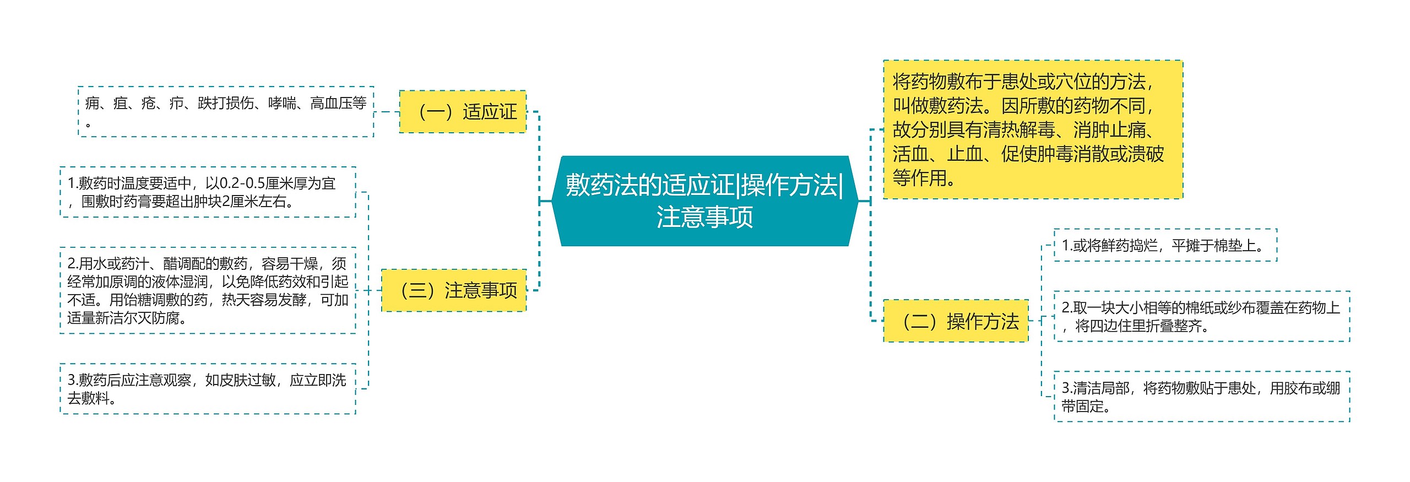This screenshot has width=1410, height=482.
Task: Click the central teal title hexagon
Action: click(704, 201)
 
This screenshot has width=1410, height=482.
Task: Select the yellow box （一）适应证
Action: click(463, 112)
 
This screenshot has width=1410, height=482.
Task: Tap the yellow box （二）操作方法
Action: click(956, 321)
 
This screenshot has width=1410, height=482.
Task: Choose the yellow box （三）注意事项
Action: click(454, 290)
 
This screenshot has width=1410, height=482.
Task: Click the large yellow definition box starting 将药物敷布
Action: click(1033, 129)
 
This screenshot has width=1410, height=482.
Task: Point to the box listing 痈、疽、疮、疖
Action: click(226, 111)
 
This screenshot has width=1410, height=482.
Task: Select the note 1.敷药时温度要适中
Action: click(208, 192)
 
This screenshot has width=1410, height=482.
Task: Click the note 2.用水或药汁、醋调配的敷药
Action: click(208, 290)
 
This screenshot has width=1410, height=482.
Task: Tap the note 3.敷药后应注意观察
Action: click(208, 389)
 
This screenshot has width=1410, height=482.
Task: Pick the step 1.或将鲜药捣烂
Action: click(1165, 245)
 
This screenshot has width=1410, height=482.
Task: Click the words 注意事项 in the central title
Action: click(704, 217)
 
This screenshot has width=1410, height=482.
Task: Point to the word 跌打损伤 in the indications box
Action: click(226, 103)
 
